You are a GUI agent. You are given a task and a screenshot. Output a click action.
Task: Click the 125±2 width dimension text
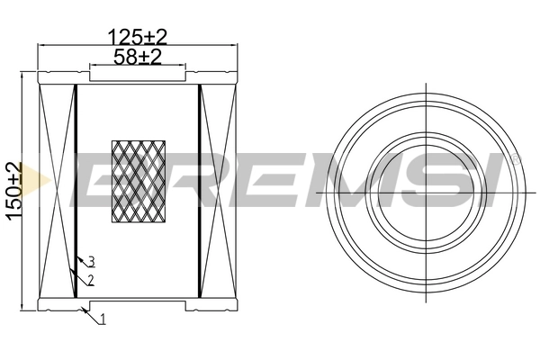(138, 37)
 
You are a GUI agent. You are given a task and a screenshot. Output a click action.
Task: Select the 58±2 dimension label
(138, 57)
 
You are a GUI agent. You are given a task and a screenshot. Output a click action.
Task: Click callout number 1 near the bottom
(103, 319)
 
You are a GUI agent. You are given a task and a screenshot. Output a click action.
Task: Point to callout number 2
(91, 280)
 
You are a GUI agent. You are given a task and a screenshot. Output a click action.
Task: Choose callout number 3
(91, 262)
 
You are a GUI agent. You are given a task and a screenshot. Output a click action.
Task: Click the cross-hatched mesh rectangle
(138, 181)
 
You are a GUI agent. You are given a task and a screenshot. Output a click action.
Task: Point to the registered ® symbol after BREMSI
(514, 158)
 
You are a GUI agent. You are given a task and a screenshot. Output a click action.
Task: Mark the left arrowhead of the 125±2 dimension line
(40, 47)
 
